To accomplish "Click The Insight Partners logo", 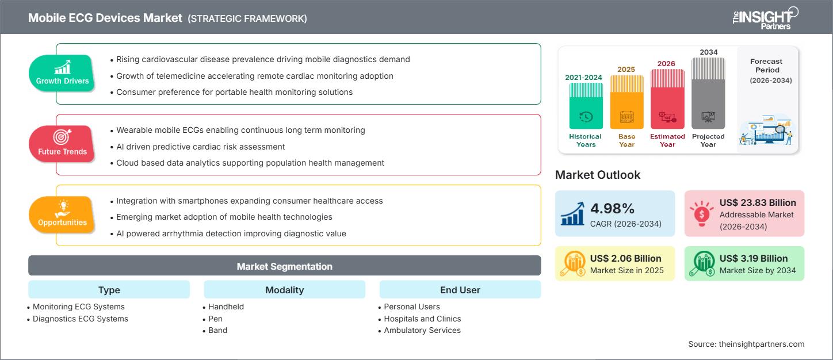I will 765,18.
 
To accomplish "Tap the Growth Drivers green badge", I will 62,73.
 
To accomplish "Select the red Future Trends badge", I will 62,144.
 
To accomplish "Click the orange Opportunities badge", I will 62,215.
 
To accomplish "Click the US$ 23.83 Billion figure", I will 758,202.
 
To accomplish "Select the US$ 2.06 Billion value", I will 626,258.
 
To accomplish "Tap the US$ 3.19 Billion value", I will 757,258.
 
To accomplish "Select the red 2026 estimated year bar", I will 667,99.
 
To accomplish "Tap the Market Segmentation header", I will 284,266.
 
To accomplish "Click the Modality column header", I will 284,290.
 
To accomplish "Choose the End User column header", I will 460,290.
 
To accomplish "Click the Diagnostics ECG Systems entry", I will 81,319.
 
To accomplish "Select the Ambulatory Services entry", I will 422,330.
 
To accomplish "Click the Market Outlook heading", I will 597,175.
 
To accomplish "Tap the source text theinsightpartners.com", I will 746,344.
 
